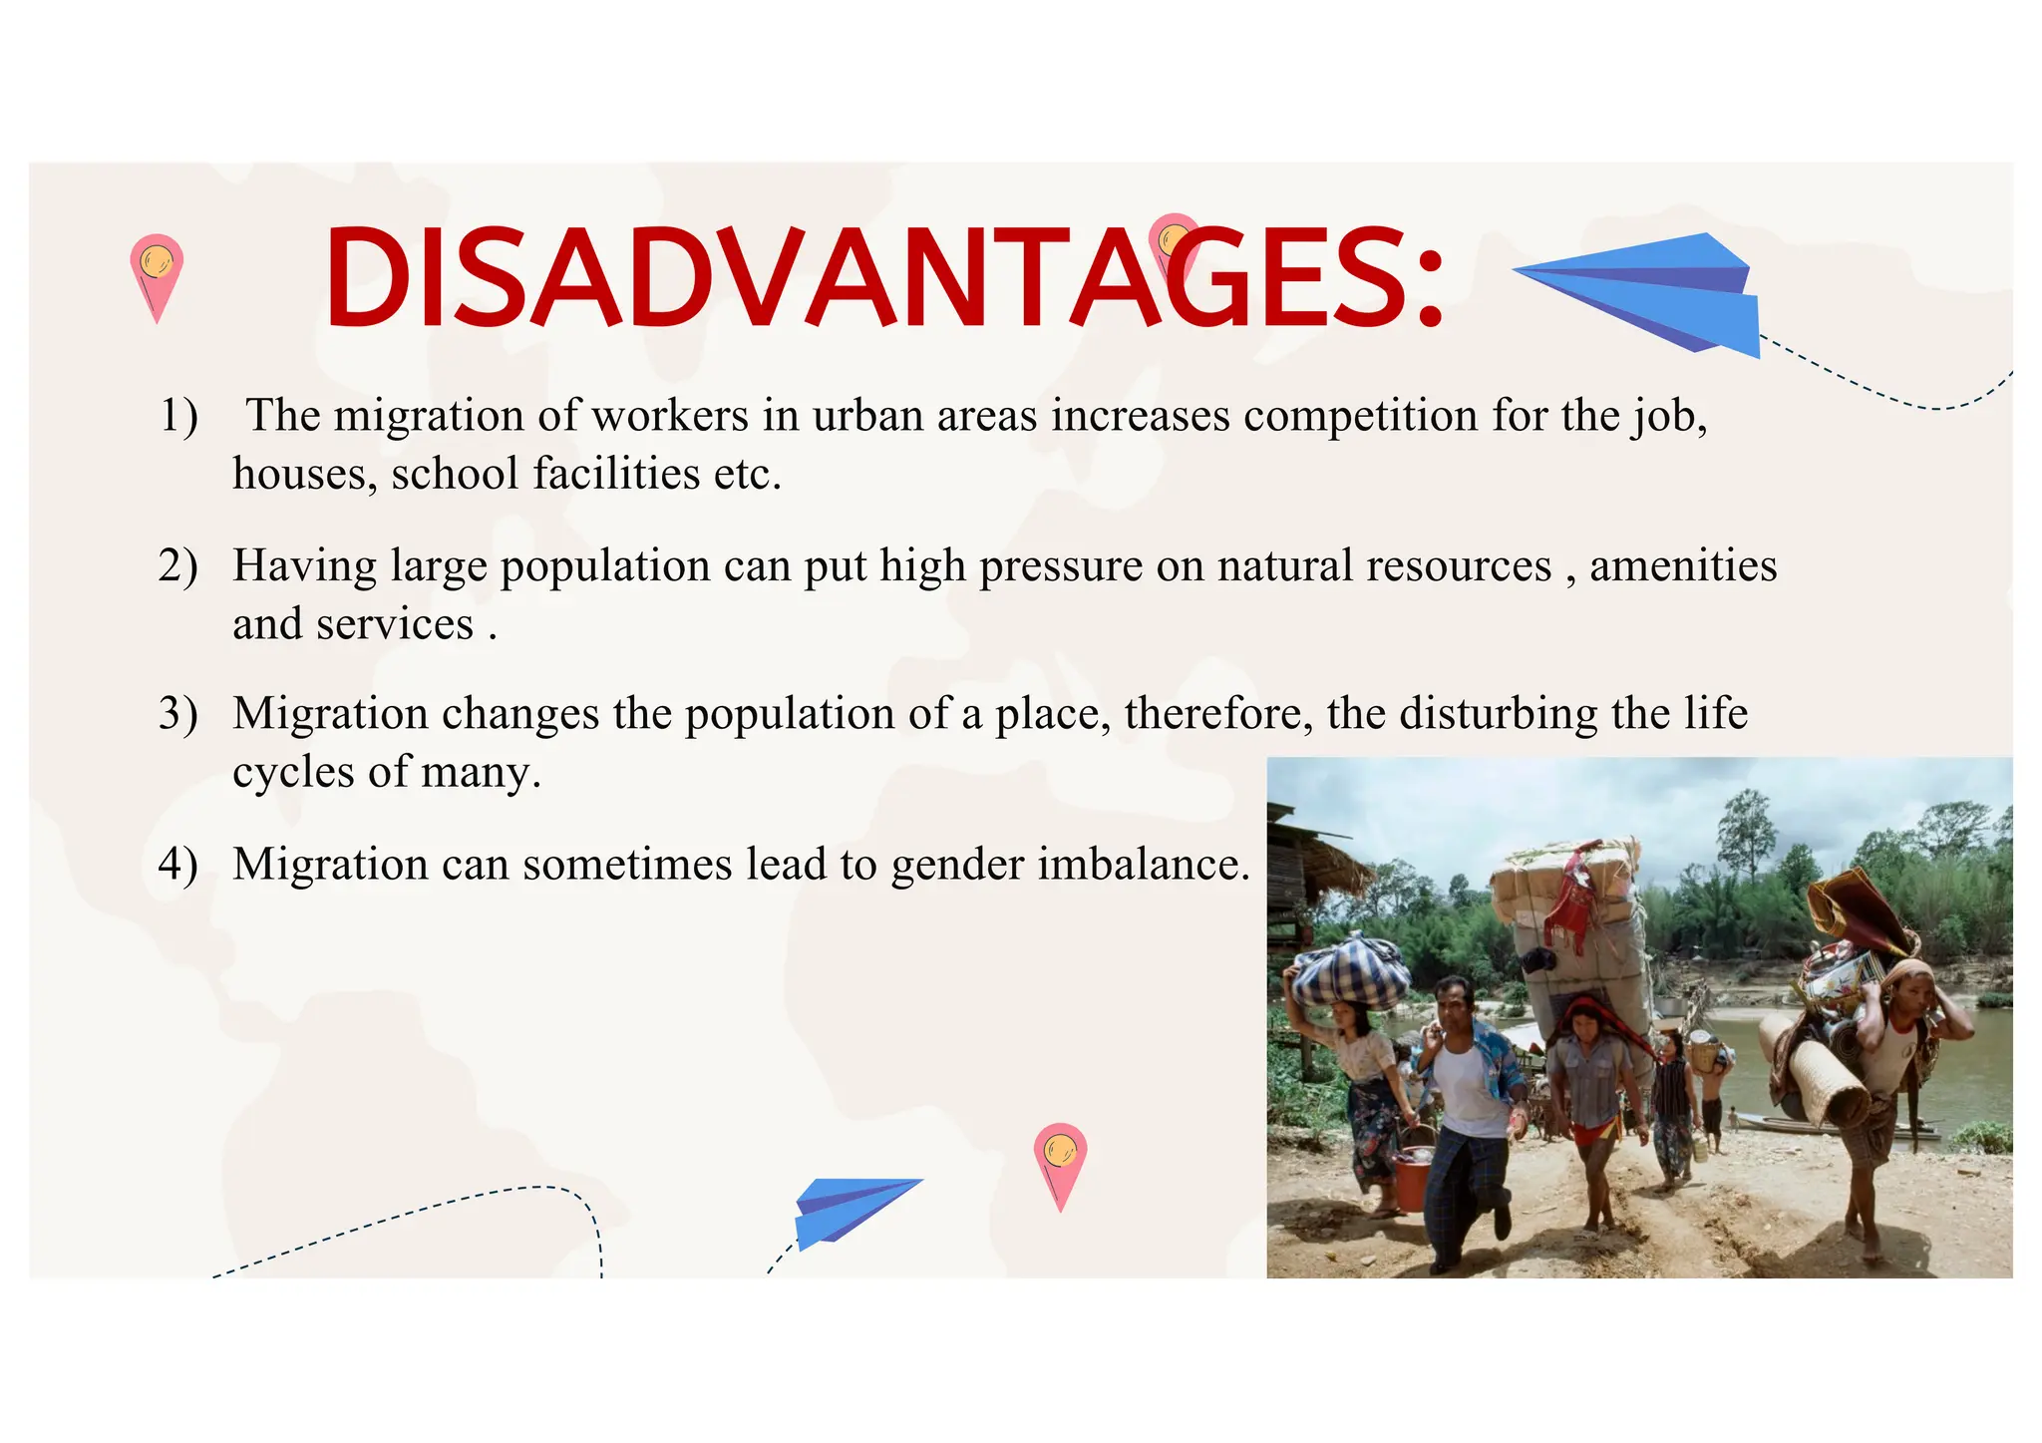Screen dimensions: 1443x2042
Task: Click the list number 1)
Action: [x=179, y=415]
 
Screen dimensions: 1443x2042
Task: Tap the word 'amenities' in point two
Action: [x=1682, y=565]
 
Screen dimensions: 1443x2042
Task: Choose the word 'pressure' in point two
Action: [x=1061, y=565]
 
